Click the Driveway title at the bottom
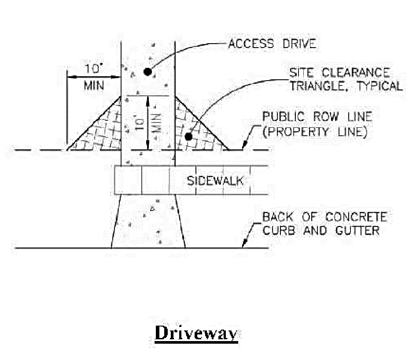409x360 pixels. tap(196, 333)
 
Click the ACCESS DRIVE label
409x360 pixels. tap(272, 44)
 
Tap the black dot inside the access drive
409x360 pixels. tap(147, 71)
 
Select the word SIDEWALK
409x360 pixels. tap(215, 181)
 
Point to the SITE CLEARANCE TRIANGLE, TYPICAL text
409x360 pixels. tap(346, 79)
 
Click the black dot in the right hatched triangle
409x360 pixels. tap(188, 137)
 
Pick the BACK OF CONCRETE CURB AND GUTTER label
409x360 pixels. tap(324, 223)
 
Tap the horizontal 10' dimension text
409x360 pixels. tap(94, 70)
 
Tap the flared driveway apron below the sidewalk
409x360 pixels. tap(148, 220)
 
